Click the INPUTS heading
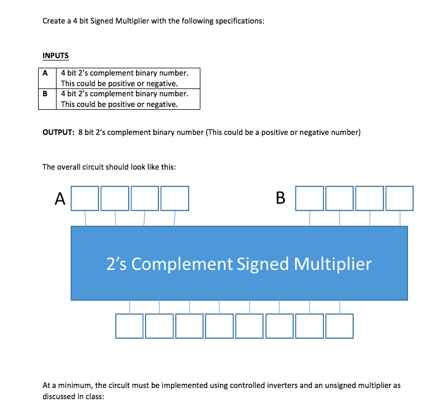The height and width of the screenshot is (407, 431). click(x=55, y=55)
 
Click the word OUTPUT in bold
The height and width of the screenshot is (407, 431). click(x=58, y=133)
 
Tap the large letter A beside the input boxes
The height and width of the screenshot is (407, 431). click(x=60, y=198)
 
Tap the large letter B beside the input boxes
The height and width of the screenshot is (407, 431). click(x=280, y=198)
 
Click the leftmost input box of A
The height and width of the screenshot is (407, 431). click(x=85, y=198)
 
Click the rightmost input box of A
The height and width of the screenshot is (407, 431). click(x=174, y=198)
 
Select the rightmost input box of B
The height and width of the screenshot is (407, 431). click(x=399, y=198)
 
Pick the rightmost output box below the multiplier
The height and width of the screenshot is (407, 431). click(x=339, y=326)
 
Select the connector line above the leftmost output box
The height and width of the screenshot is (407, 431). click(x=130, y=307)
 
